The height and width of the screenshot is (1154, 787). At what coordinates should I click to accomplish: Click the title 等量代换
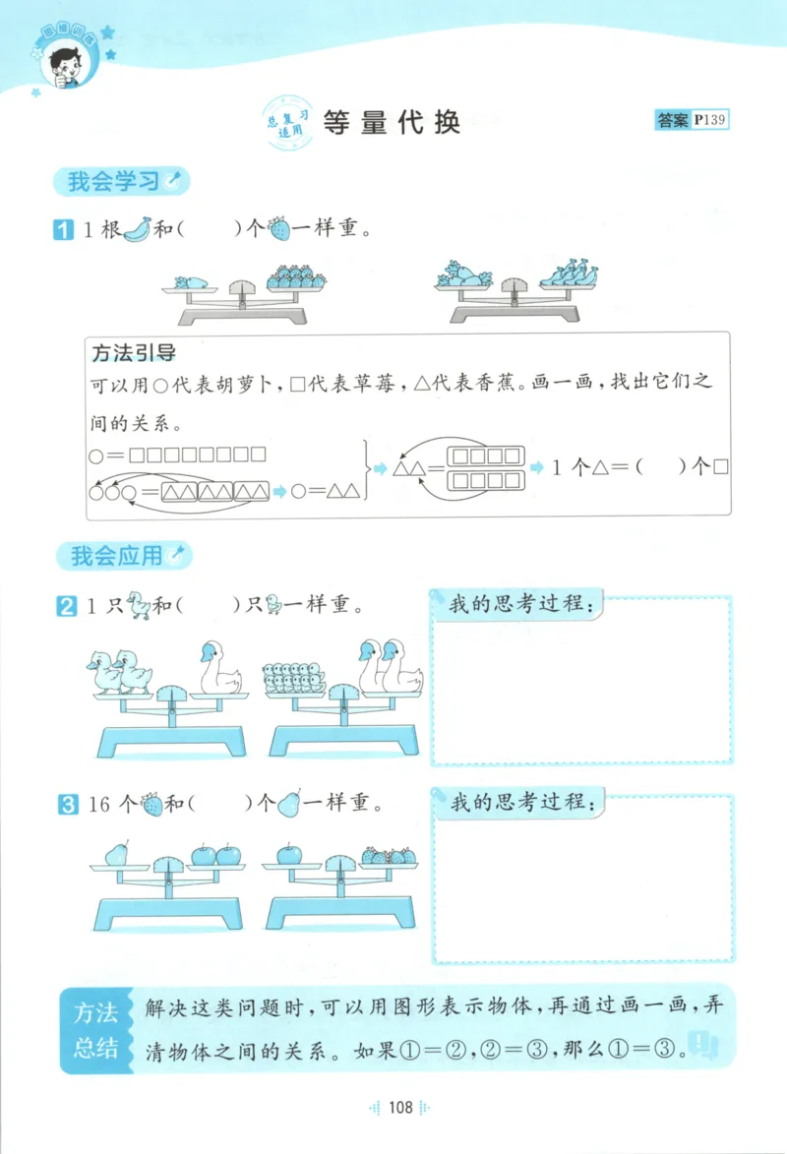(391, 122)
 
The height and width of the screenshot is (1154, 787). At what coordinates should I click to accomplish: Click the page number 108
(399, 1108)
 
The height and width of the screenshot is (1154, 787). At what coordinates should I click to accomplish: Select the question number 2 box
(66, 606)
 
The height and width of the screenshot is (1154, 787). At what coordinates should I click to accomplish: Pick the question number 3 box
(66, 805)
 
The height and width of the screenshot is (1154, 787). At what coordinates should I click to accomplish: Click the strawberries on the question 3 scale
(389, 855)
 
